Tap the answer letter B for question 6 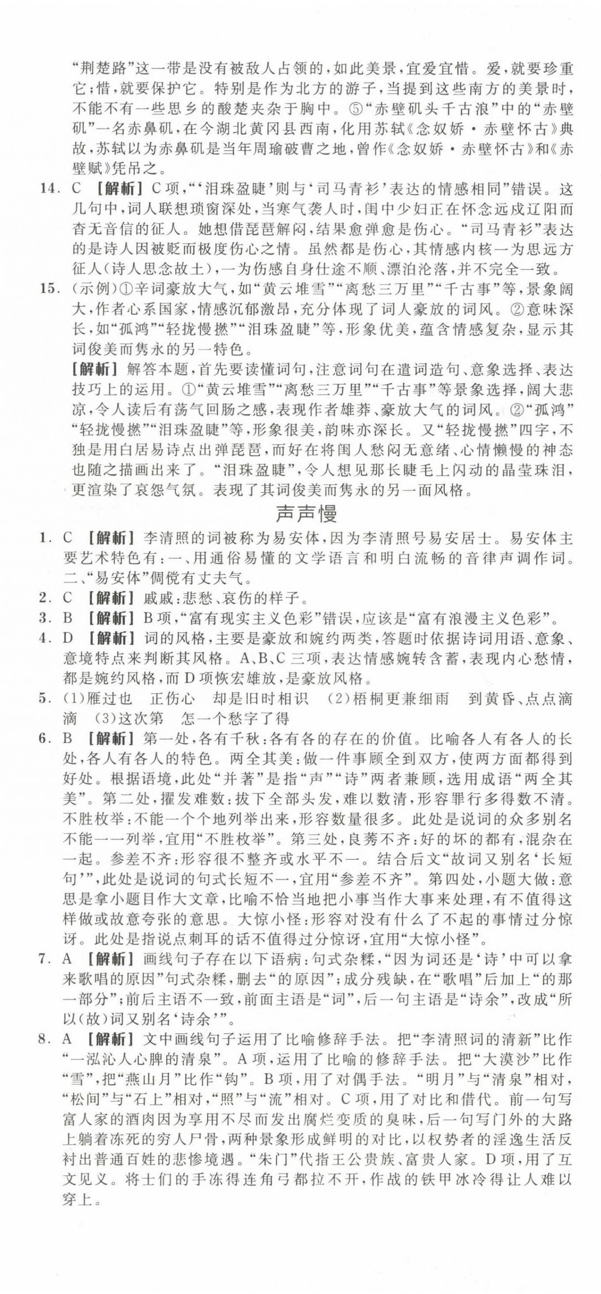point(68,739)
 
